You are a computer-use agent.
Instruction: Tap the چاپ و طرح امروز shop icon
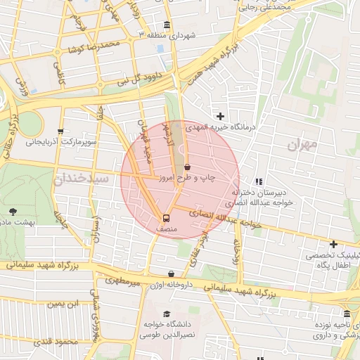(187, 167)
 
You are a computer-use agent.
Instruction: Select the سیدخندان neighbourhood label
(80, 179)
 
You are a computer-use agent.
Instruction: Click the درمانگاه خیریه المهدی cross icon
(220, 116)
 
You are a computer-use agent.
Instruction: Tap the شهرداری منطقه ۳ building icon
(166, 23)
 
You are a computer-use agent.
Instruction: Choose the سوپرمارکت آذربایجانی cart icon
(61, 131)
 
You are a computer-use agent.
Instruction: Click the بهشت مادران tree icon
(13, 210)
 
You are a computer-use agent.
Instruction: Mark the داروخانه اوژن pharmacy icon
(171, 274)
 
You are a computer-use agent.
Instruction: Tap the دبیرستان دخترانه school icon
(258, 181)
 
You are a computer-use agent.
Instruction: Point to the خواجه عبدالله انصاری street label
(224, 219)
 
